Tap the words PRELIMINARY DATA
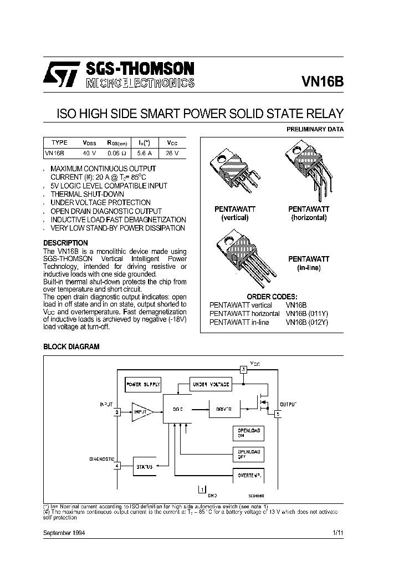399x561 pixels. click(315, 129)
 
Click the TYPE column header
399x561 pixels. click(59, 142)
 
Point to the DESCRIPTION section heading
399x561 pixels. click(65, 243)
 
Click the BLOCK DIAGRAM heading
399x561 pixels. click(71, 346)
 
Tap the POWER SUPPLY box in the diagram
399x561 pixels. click(143, 384)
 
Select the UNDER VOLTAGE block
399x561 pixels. click(210, 384)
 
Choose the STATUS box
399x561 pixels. click(145, 467)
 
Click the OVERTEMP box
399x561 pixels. click(247, 475)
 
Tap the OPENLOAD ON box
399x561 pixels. click(247, 433)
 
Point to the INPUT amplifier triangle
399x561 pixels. click(142, 412)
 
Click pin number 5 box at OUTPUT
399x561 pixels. click(278, 413)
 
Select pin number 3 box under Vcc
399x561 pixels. click(242, 370)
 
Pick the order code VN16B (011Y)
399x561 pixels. click(307, 313)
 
